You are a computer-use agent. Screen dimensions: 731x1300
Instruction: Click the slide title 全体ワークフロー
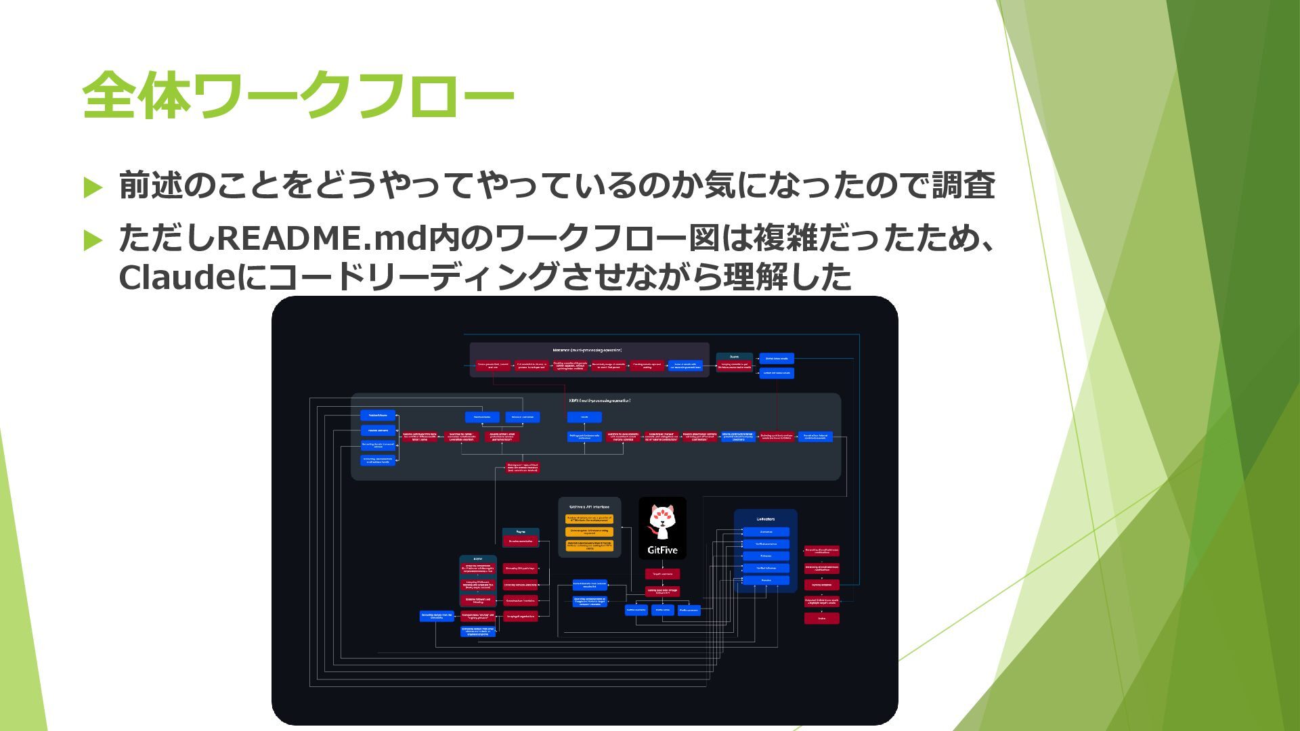click(x=298, y=95)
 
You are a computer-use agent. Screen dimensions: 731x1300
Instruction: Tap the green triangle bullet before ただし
click(x=93, y=240)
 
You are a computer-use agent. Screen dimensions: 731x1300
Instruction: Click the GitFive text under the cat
click(x=662, y=550)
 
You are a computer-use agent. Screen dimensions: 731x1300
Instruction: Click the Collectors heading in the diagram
click(x=765, y=519)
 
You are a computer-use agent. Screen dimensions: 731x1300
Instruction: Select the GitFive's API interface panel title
click(x=589, y=506)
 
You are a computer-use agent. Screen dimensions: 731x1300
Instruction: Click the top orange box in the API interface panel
click(x=589, y=519)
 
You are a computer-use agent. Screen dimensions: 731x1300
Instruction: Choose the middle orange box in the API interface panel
click(x=589, y=532)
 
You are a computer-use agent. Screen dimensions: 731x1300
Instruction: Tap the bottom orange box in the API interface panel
click(x=589, y=546)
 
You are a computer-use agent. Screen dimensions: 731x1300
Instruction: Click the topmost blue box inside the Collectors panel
click(x=766, y=532)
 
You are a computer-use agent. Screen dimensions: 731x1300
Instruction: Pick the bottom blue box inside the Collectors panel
click(x=766, y=580)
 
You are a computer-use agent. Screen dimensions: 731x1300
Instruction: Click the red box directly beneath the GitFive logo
click(x=662, y=574)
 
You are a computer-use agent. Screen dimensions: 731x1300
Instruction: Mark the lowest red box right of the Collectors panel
click(x=821, y=618)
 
